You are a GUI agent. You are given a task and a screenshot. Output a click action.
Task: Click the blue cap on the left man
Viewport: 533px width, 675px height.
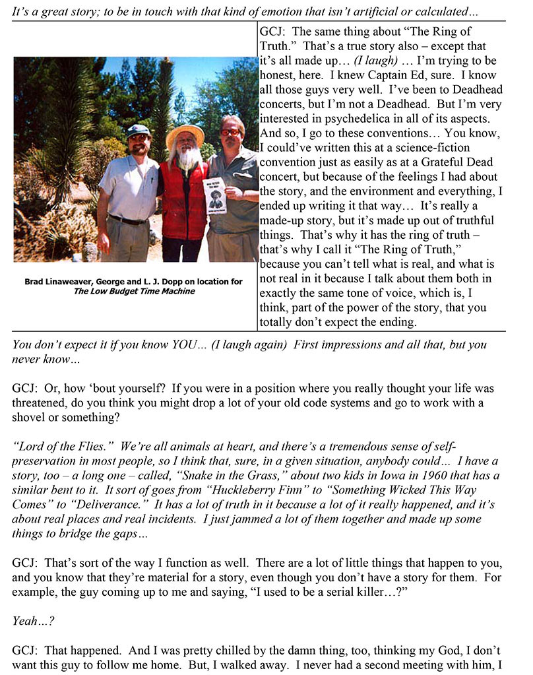tap(139, 129)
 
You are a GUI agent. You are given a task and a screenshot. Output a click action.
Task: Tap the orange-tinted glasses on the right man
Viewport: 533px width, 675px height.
tap(230, 132)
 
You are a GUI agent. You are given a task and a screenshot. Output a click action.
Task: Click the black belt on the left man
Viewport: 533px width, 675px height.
tap(129, 218)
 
